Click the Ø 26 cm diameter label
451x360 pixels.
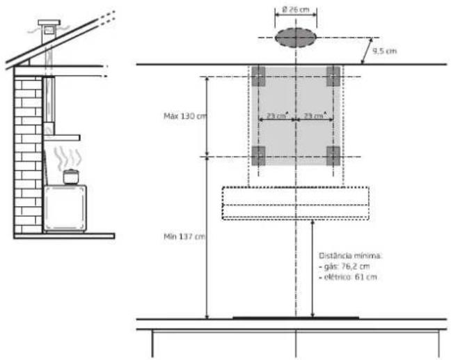(296, 10)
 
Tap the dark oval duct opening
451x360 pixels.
(296, 38)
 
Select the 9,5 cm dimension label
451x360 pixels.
(385, 52)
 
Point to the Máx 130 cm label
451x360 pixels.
(185, 116)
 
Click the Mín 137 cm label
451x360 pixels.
(184, 237)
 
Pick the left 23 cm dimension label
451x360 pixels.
(277, 116)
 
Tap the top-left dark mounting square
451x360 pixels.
(258, 77)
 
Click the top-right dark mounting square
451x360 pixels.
(333, 77)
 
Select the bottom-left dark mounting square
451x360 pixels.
(258, 156)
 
